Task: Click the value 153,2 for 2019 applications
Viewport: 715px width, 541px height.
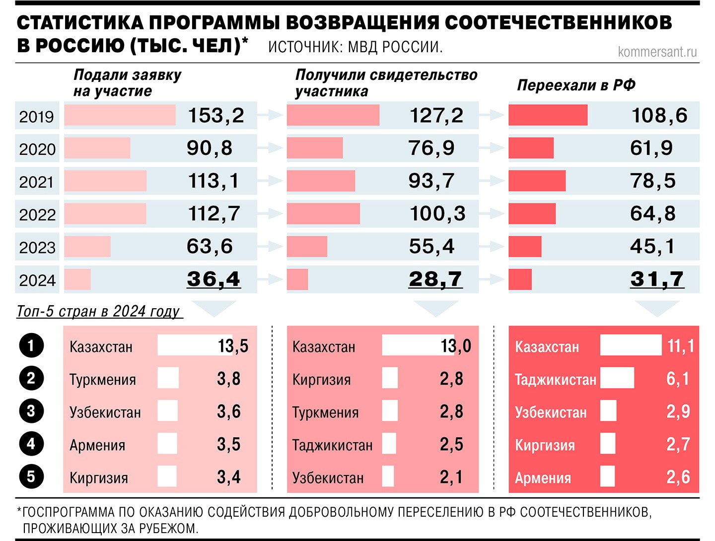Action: (x=216, y=116)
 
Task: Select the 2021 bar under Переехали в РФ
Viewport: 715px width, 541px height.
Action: (x=537, y=181)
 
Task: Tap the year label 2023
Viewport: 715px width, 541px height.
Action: (x=37, y=247)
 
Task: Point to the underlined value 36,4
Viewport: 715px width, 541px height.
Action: (x=214, y=279)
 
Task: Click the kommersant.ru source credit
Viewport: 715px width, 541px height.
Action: (x=657, y=52)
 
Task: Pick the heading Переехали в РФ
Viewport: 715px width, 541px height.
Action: (x=576, y=85)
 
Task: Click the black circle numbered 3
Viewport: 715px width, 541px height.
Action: (x=31, y=411)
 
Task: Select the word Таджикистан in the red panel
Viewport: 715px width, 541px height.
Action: (x=555, y=380)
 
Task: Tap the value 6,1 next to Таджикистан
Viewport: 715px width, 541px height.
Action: (x=678, y=379)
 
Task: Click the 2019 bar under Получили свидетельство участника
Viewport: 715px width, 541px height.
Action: (x=333, y=115)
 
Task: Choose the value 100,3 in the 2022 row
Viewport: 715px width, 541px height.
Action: (x=437, y=213)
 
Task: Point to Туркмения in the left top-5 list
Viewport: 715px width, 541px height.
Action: (x=102, y=380)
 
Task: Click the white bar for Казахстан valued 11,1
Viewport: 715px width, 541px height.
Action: (x=631, y=345)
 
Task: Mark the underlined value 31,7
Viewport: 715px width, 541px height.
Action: (x=657, y=279)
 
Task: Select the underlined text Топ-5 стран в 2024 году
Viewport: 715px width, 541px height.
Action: (x=99, y=311)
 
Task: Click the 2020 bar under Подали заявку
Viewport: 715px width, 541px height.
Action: (x=97, y=148)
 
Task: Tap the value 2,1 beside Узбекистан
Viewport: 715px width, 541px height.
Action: (x=451, y=477)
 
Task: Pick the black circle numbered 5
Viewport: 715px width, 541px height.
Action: (x=31, y=477)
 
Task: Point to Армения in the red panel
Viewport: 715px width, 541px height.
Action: (x=543, y=478)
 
